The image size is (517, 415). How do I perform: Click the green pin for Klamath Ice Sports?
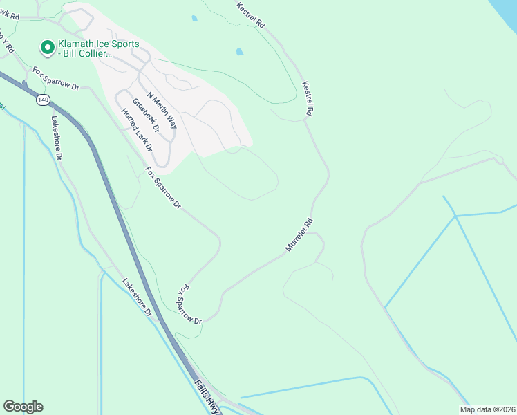(x=48, y=48)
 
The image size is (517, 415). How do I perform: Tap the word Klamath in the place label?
(x=79, y=44)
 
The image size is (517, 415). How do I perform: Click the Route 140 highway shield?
(x=43, y=100)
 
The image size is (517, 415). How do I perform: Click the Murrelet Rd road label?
(x=299, y=235)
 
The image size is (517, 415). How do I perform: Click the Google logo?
(x=23, y=407)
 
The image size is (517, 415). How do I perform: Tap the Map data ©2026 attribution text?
(x=487, y=409)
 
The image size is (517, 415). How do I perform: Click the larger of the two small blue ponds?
(x=240, y=51)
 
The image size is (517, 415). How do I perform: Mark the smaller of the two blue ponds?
(x=194, y=18)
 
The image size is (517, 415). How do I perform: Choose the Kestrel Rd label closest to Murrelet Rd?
(x=308, y=98)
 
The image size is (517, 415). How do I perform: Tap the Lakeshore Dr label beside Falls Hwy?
(x=138, y=297)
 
